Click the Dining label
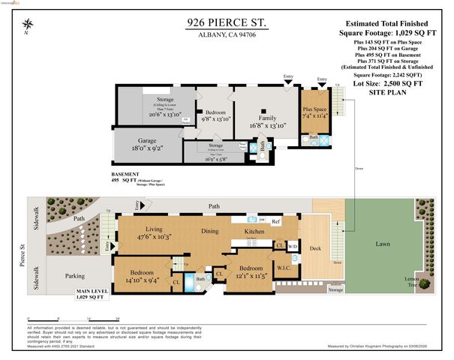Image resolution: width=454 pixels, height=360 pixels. point(210,232)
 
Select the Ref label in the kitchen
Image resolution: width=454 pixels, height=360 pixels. point(275,222)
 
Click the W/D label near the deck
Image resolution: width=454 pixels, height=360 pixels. point(293,247)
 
